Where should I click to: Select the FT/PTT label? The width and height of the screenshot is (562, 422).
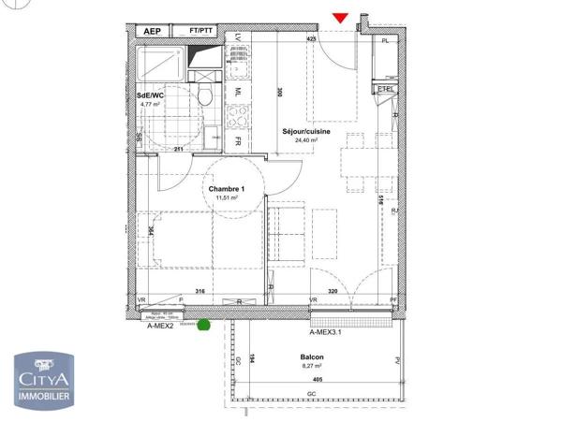[200, 31]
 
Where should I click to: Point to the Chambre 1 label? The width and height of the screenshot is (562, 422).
[225, 188]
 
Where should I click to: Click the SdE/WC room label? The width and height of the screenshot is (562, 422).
[152, 95]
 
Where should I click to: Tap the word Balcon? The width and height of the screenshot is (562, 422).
[312, 357]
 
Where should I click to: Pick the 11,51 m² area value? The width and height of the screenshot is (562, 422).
[226, 198]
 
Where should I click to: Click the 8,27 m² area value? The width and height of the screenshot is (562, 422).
[312, 367]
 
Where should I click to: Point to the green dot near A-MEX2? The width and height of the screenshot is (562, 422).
[201, 326]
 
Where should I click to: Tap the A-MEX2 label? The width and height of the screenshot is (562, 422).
[161, 327]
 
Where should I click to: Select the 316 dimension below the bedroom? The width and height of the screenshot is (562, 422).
[200, 292]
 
